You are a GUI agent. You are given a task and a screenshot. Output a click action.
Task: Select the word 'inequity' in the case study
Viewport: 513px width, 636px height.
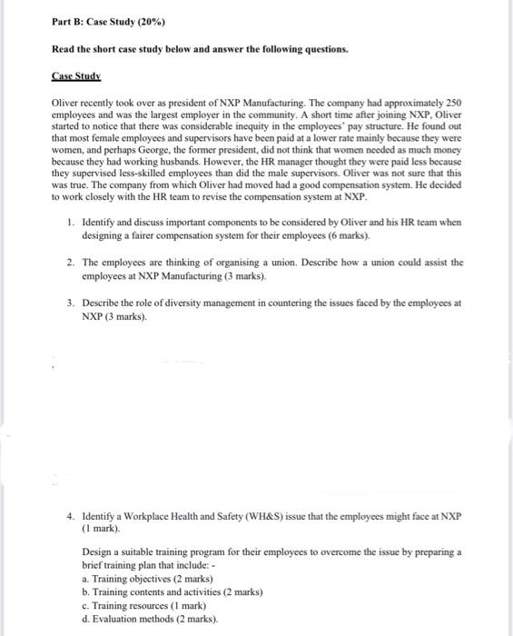pos(273,127)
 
